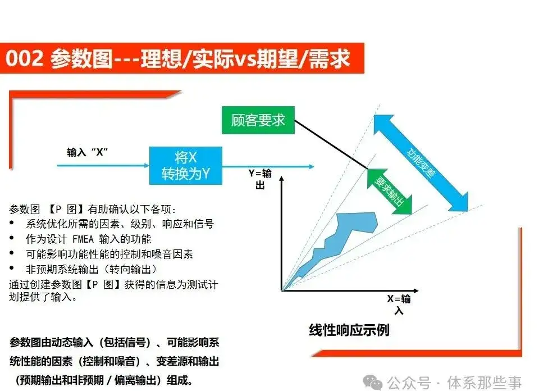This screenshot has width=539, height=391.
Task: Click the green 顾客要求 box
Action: [258, 120]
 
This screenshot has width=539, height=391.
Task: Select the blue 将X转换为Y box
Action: [186, 166]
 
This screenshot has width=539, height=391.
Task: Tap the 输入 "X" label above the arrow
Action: [88, 152]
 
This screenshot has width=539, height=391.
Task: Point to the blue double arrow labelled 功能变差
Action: [421, 163]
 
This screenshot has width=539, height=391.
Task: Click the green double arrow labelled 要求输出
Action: [390, 192]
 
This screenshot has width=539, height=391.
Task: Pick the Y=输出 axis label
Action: [260, 179]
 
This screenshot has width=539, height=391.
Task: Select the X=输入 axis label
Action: [399, 304]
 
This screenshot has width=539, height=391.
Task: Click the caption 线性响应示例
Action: [349, 330]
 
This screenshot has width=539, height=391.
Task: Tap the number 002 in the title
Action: [24, 58]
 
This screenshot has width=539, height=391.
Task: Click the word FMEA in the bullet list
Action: [83, 239]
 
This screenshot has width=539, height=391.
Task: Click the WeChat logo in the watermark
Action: [373, 382]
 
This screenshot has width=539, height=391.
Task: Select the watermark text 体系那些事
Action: [485, 383]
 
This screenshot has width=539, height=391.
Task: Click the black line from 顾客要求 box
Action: [331, 144]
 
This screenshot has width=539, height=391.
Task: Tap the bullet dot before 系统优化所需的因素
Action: [12, 223]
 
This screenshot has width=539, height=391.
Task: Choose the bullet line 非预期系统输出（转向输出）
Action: [91, 269]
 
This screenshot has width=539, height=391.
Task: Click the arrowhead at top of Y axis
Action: [281, 179]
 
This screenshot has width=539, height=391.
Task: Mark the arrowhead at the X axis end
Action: [415, 290]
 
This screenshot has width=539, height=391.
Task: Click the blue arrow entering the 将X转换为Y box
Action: [103, 166]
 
